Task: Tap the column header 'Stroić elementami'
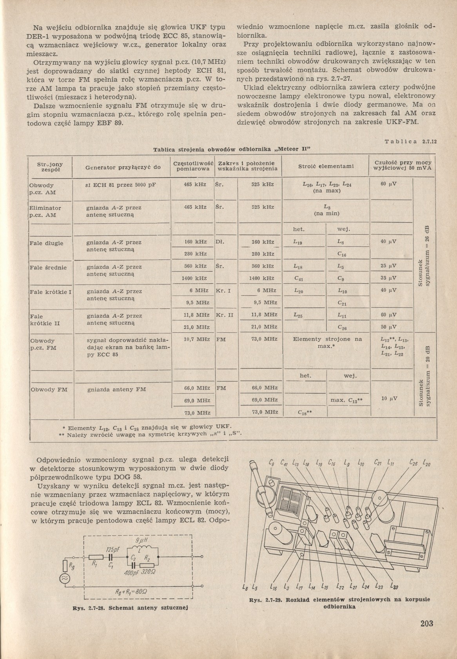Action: (x=326, y=166)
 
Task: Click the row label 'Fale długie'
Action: (x=46, y=243)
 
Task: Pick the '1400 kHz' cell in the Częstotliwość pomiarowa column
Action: (x=195, y=278)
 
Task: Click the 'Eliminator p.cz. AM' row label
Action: (x=45, y=212)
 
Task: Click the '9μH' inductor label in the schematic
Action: (x=140, y=541)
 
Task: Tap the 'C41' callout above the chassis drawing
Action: (x=285, y=463)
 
